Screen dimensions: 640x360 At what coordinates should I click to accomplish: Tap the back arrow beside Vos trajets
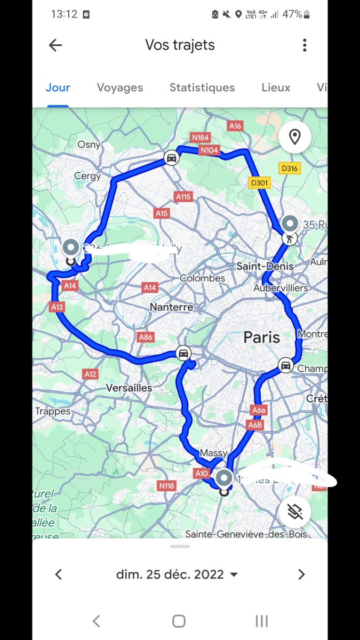[55, 45]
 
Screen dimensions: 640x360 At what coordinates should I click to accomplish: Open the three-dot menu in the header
[305, 45]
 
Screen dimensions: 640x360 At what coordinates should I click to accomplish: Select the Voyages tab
[120, 87]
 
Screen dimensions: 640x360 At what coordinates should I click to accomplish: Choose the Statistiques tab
[202, 87]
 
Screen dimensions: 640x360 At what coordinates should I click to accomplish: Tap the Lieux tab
[276, 87]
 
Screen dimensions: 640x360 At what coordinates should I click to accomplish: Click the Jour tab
[58, 87]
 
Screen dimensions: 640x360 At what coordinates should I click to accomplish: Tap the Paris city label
[261, 337]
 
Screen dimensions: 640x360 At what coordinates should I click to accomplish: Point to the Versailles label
[129, 388]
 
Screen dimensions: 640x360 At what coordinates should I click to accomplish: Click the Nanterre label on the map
[171, 308]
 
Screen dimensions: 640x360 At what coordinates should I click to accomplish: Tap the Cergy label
[87, 176]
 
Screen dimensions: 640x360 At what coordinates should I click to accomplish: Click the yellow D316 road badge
[290, 169]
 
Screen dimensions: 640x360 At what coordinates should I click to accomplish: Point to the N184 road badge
[201, 138]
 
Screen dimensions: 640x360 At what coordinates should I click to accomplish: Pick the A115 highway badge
[183, 197]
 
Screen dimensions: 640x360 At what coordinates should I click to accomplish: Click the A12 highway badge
[91, 374]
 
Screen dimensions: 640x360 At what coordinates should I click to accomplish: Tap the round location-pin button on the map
[294, 137]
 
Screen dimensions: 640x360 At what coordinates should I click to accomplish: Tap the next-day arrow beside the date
[301, 574]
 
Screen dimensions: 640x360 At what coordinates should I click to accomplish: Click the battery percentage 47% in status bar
[292, 14]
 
